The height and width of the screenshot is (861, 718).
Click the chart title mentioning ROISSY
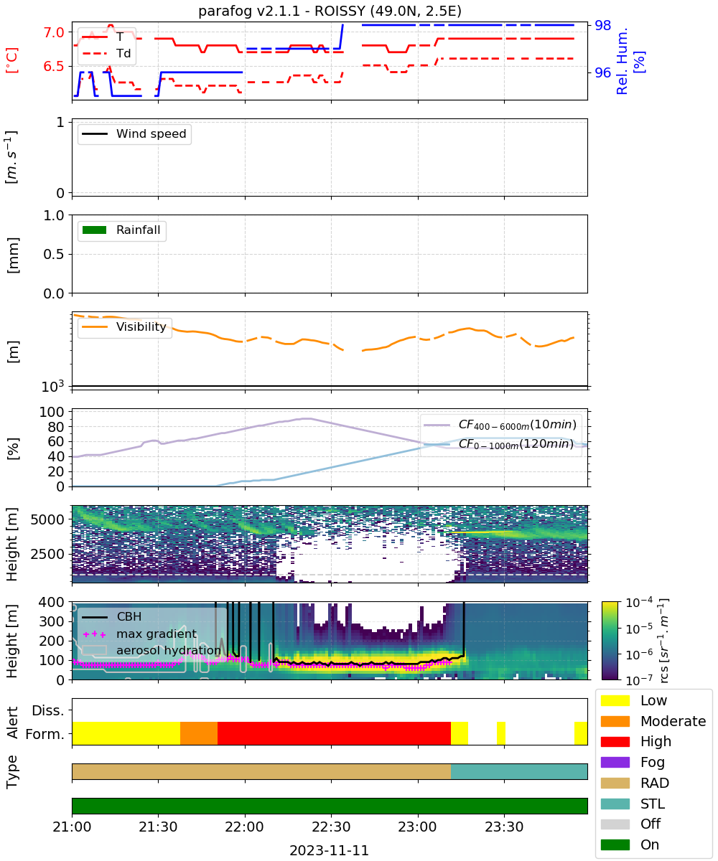pyautogui.click(x=330, y=11)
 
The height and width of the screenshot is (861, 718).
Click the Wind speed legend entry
pyautogui.click(x=134, y=133)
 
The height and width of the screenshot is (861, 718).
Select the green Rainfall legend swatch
pyautogui.click(x=95, y=230)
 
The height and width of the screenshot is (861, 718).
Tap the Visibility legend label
pyautogui.click(x=141, y=326)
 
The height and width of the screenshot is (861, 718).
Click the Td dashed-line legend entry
pyautogui.click(x=106, y=53)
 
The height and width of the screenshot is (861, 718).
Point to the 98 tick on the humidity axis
pyautogui.click(x=602, y=26)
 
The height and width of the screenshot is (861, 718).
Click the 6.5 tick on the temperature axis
pyautogui.click(x=54, y=66)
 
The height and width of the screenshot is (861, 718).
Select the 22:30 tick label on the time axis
pyautogui.click(x=331, y=827)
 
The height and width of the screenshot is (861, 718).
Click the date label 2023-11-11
pyautogui.click(x=330, y=850)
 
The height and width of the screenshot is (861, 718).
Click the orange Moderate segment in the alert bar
pyautogui.click(x=199, y=733)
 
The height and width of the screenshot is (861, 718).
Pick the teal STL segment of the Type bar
pyautogui.click(x=519, y=771)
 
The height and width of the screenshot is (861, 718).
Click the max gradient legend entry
pyautogui.click(x=140, y=634)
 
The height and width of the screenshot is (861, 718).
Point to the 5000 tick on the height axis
pyautogui.click(x=47, y=519)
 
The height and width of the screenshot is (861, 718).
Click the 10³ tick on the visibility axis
pyautogui.click(x=53, y=386)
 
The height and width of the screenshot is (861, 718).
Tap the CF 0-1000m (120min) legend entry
pyautogui.click(x=498, y=444)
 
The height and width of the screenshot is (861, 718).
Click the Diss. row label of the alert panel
pyautogui.click(x=48, y=710)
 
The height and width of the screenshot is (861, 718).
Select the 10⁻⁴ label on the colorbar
pyautogui.click(x=639, y=603)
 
